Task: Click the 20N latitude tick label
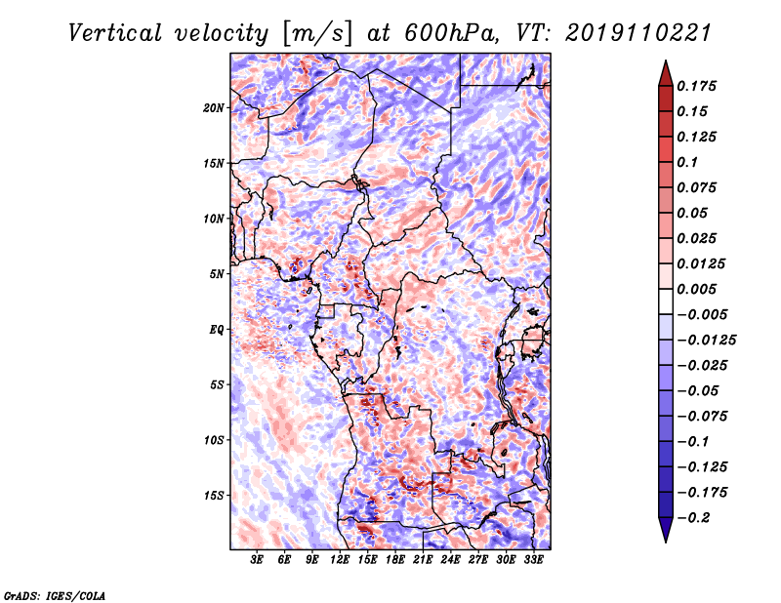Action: coord(214,108)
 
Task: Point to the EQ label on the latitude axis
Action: coord(217,330)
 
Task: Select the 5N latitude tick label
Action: coord(217,274)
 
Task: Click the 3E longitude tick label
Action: coord(257,560)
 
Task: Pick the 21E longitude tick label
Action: coord(423,560)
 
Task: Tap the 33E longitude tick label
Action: coord(533,560)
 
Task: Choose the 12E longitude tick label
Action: coord(340,560)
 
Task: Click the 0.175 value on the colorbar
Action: coord(696,86)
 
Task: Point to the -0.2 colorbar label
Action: coord(693,518)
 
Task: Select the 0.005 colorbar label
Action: coord(696,289)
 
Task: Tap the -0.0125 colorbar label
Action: coord(706,341)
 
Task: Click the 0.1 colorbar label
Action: coord(687,162)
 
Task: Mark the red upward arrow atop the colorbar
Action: coord(666,73)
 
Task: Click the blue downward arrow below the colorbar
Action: coord(666,530)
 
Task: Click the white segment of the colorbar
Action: coord(666,301)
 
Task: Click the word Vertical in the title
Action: coord(115,33)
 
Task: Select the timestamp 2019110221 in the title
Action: coord(638,33)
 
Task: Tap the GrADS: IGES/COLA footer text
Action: coord(55,595)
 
